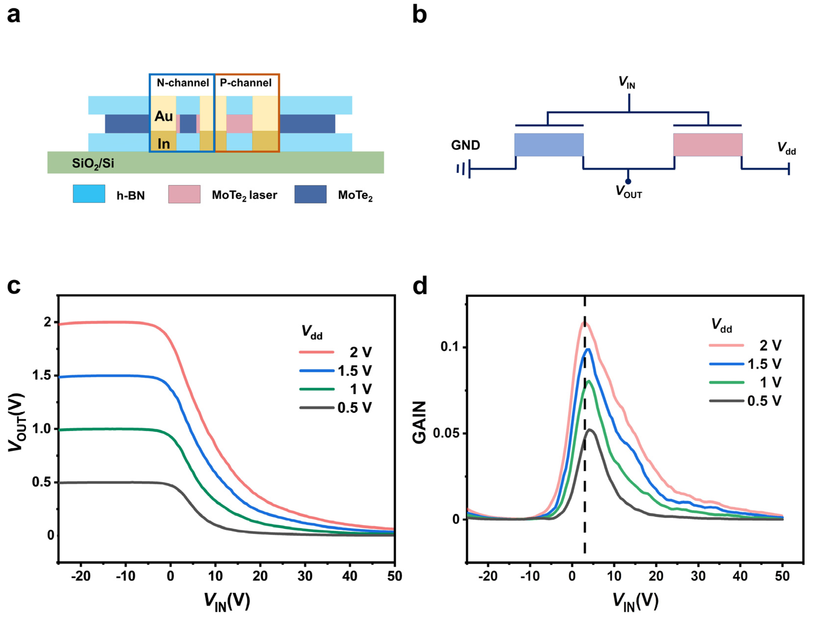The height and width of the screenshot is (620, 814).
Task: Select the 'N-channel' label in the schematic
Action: (x=183, y=83)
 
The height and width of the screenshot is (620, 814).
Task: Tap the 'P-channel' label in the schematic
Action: (x=246, y=83)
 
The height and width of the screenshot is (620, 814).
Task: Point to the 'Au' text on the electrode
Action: (x=163, y=116)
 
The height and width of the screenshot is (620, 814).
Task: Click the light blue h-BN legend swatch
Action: (x=89, y=194)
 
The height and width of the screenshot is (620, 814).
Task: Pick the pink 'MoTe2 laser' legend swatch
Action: (x=184, y=194)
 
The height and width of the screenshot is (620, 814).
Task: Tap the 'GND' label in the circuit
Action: (x=465, y=145)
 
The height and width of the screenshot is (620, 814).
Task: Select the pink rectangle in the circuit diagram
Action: (x=708, y=145)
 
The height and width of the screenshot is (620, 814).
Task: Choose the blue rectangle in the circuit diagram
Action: (x=549, y=145)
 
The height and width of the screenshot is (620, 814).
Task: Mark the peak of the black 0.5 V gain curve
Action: (x=590, y=429)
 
